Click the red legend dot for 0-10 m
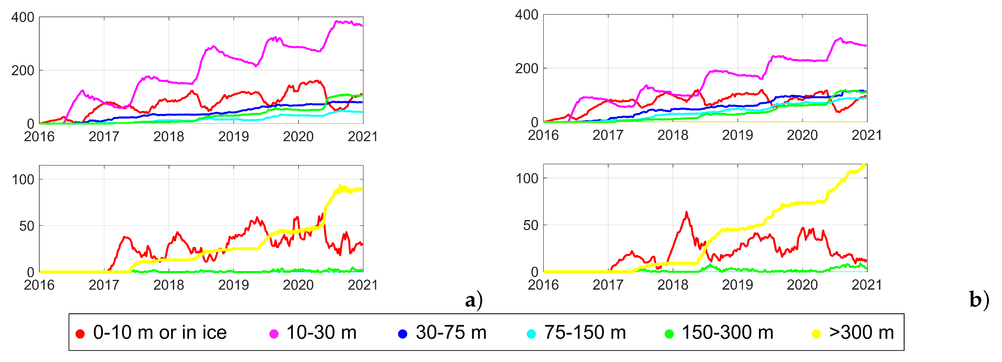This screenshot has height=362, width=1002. coord(80,334)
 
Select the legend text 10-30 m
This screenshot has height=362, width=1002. coord(321,333)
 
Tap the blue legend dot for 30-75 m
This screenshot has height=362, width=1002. coord(402,334)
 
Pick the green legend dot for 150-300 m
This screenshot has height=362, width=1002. coord(669,334)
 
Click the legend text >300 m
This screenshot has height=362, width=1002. coord(861,333)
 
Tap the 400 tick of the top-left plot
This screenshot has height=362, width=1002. coord(23,17)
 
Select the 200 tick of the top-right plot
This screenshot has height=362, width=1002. coord(526,69)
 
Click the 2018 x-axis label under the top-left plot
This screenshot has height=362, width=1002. coord(168,137)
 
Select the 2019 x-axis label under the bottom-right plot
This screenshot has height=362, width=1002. coord(737,285)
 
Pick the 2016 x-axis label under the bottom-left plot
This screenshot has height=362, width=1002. coord(39,285)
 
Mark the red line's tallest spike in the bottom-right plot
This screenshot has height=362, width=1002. coord(686,213)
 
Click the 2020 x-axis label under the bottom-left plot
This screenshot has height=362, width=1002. coord(298,285)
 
